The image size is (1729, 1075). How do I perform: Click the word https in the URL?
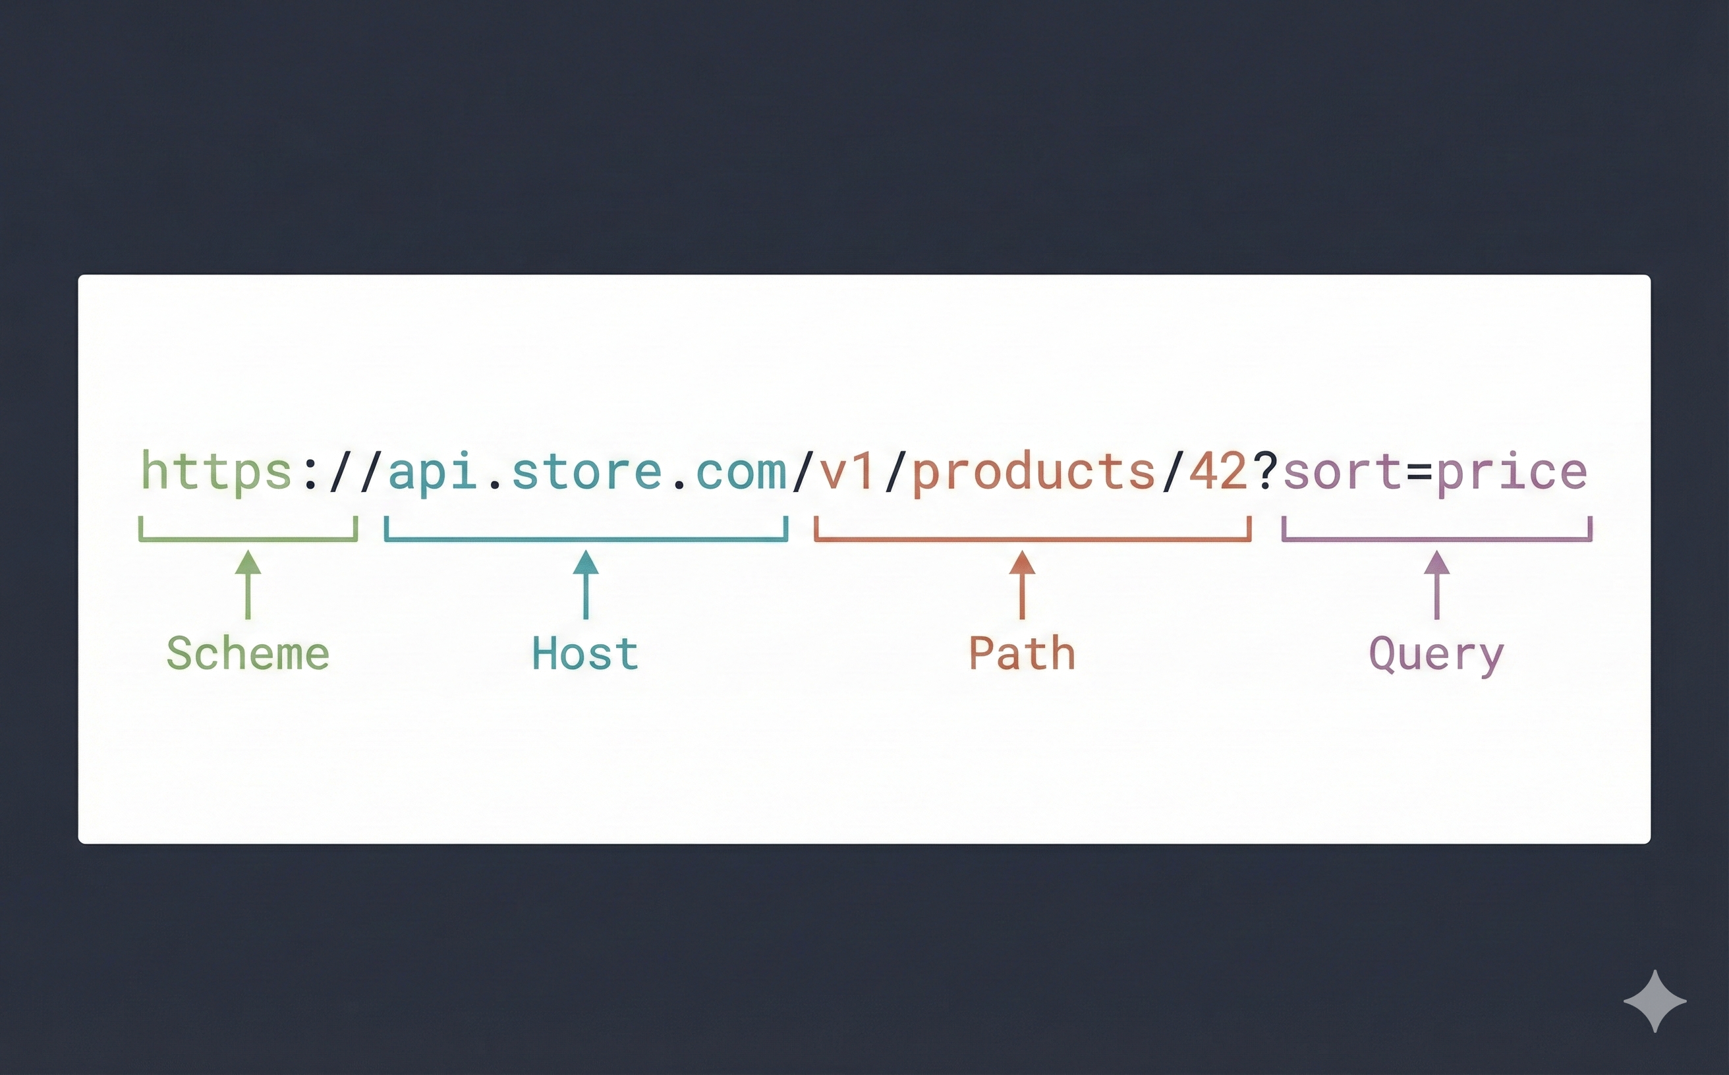coord(216,472)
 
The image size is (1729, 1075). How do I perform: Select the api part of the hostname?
coord(432,472)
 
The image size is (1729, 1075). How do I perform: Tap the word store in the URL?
coord(586,472)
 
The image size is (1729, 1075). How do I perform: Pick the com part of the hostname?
coord(741,472)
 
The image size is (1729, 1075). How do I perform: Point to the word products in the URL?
coord(1033,472)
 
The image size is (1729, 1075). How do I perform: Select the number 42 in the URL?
coord(1218,472)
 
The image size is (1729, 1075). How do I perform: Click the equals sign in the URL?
coord(1419,472)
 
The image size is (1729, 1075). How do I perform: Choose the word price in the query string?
coord(1512,472)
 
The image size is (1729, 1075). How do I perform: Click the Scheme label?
coord(248,653)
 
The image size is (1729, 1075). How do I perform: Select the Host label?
coord(584,653)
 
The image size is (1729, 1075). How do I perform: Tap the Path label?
coord(1021,653)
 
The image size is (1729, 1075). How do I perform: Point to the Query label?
coord(1436,655)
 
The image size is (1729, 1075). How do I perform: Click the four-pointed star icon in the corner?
coord(1655,1001)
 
